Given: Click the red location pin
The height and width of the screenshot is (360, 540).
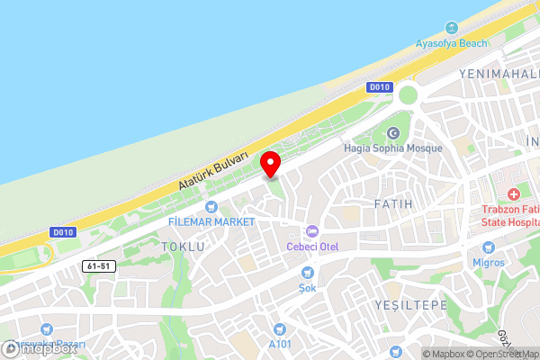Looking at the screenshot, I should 270,164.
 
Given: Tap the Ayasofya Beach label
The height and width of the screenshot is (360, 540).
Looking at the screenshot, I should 452,43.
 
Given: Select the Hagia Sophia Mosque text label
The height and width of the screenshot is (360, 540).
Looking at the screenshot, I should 393,148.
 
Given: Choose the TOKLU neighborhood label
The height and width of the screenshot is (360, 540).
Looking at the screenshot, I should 183,246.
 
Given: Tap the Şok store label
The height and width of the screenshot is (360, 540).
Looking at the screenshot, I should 308,287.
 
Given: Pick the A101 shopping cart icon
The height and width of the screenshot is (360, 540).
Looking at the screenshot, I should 281,328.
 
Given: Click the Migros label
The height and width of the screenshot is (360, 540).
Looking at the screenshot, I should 489,262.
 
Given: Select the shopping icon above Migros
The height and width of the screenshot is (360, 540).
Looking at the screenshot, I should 489,247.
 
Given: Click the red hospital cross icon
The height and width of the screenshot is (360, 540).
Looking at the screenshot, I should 513,194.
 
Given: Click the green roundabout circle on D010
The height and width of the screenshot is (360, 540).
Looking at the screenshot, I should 409,94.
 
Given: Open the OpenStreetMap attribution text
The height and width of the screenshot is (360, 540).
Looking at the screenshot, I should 500,354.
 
